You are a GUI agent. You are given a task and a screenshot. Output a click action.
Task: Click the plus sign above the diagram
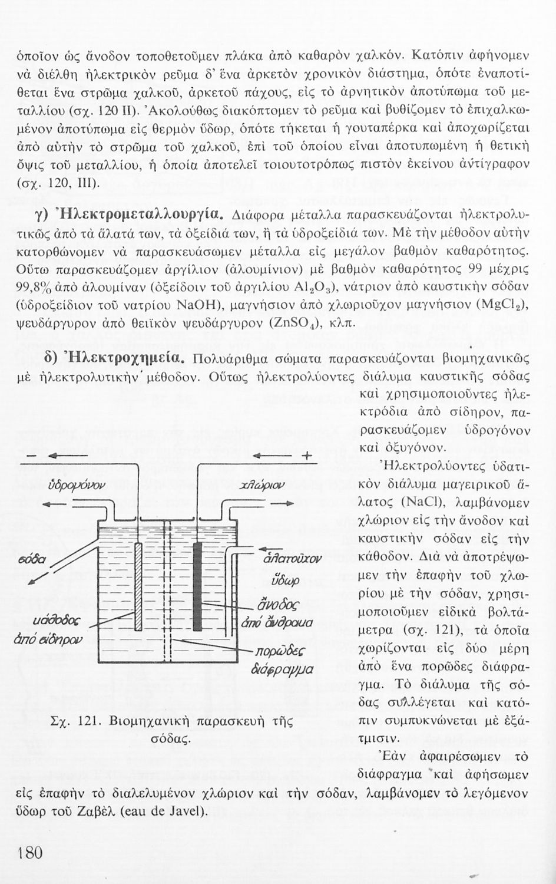[x=306, y=456]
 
